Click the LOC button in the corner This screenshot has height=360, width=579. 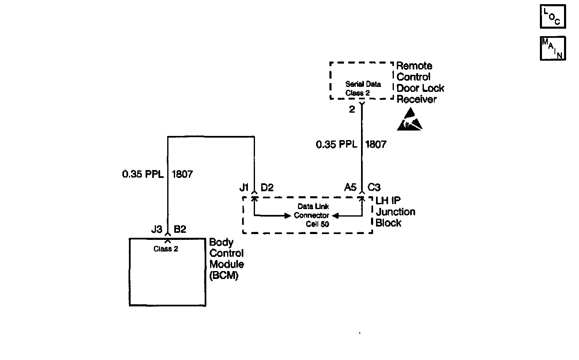(552, 17)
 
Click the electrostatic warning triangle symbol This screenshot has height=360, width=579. (409, 120)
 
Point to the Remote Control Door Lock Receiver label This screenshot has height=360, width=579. (420, 82)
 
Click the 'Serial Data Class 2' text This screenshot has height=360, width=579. (363, 89)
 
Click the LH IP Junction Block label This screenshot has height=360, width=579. (395, 212)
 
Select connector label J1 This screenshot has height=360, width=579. (244, 187)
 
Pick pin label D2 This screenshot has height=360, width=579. (267, 187)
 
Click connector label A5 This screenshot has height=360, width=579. (350, 187)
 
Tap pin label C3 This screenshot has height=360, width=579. (374, 187)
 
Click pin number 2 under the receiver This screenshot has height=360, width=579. (352, 110)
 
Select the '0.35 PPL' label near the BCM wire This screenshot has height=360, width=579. (141, 174)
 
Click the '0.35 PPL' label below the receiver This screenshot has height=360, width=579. (336, 145)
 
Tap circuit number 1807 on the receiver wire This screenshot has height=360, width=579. (376, 145)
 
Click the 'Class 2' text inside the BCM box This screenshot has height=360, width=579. (166, 249)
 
